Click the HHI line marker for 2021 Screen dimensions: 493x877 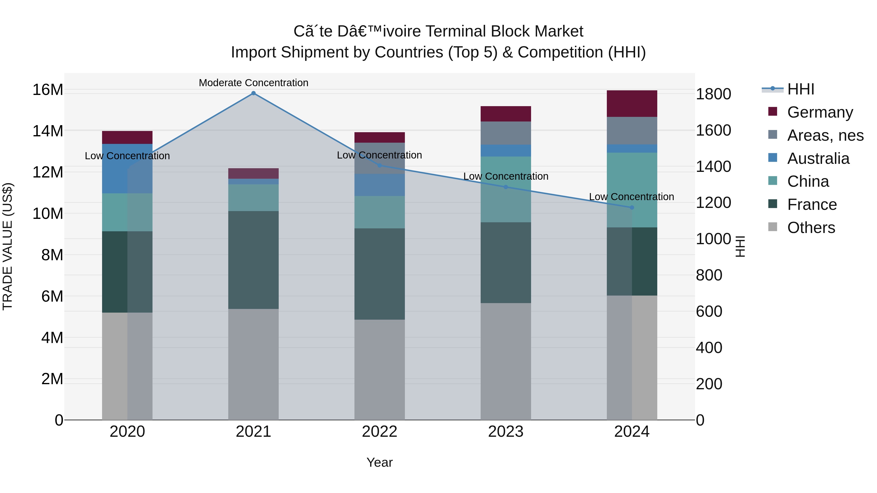coord(253,93)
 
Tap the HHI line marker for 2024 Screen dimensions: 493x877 coord(632,207)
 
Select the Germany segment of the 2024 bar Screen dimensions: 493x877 coord(632,104)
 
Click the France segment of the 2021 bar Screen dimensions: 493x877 coord(253,260)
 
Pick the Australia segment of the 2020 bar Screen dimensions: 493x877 coord(127,169)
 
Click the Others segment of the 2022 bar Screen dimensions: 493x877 coord(380,370)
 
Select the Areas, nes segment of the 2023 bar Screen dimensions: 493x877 coord(505,133)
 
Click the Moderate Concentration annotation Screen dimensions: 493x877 coord(253,83)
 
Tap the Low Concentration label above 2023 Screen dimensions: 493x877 coord(505,176)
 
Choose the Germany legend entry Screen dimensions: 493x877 coord(820,112)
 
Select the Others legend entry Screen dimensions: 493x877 coord(811,228)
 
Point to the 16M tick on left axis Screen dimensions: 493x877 coord(48,90)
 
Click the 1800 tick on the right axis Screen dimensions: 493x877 coord(713,94)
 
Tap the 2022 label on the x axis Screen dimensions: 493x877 coord(380,432)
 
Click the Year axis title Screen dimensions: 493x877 coord(380,462)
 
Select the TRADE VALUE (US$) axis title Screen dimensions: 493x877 coord(8,246)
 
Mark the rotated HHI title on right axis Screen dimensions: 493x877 coord(740,246)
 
